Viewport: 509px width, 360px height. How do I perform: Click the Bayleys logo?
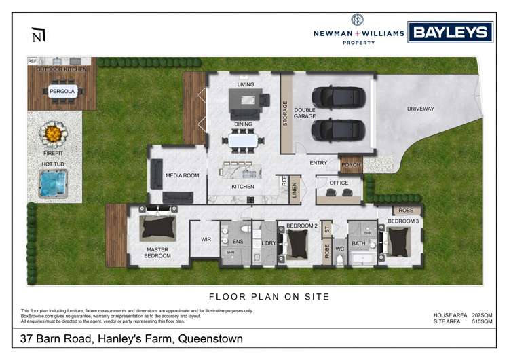coord(450,32)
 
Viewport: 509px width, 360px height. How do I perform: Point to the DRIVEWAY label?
coord(421,109)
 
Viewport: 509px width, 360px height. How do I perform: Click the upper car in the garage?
coord(333,99)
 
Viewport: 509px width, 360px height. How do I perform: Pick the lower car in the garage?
coord(333,129)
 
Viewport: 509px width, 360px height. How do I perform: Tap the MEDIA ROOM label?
coord(182,175)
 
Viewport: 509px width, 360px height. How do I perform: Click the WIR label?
coord(206,240)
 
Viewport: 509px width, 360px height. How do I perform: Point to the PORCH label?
coord(351,164)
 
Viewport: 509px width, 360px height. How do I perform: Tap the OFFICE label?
coord(339,183)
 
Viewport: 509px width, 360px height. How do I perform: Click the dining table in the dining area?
coord(243,141)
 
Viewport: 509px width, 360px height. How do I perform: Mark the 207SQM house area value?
coord(481,315)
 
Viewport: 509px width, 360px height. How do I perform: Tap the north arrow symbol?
coord(38,35)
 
